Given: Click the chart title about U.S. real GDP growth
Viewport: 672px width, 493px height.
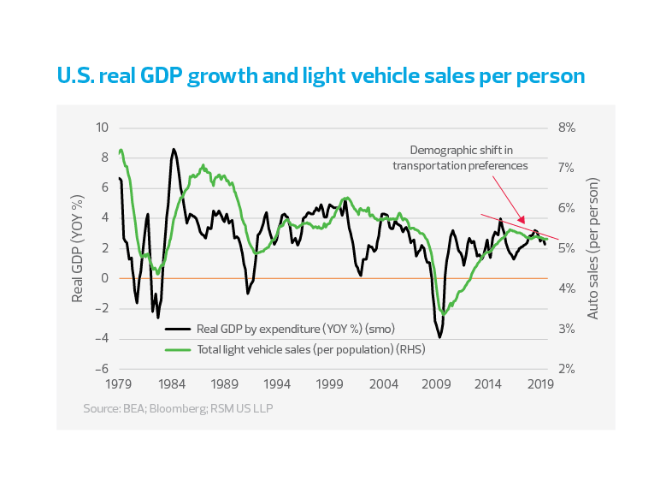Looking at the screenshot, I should pyautogui.click(x=321, y=76).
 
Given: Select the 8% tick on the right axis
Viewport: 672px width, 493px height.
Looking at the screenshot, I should pyautogui.click(x=567, y=128).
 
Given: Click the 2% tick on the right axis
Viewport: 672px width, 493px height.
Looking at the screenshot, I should pyautogui.click(x=567, y=369).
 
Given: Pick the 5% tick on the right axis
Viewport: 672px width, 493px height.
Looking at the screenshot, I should pyautogui.click(x=567, y=248).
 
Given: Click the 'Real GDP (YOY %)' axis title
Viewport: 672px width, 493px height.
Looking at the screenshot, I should pyautogui.click(x=78, y=248).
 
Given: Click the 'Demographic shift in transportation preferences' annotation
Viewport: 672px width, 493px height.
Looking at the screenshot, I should pyautogui.click(x=460, y=158).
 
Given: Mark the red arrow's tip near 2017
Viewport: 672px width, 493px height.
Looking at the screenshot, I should pyautogui.click(x=524, y=223).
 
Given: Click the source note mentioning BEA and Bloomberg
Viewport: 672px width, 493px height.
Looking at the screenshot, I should pyautogui.click(x=178, y=408).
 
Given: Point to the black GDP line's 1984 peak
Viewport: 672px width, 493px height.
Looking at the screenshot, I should pyautogui.click(x=174, y=149).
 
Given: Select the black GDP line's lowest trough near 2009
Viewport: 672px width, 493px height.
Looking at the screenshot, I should pyautogui.click(x=440, y=337).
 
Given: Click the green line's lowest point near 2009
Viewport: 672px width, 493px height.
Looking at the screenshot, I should pyautogui.click(x=443, y=314).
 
